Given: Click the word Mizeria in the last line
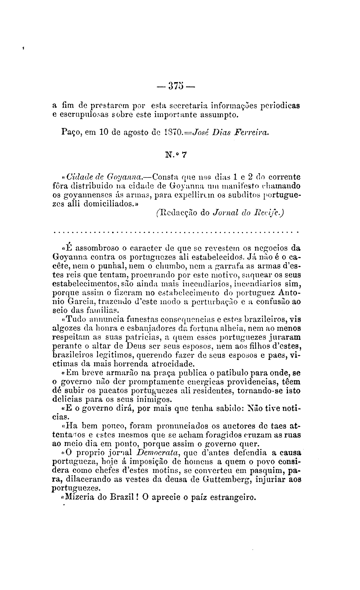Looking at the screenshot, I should click(81, 498).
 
